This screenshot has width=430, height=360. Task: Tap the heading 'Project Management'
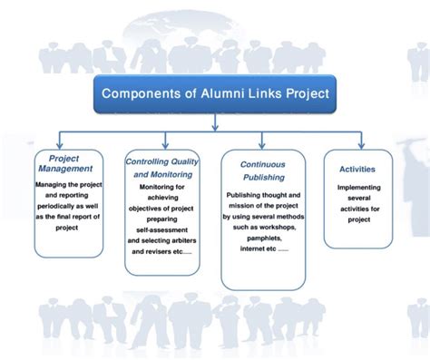(x=64, y=162)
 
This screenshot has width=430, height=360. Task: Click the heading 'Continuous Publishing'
(x=264, y=171)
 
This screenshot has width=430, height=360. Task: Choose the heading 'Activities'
(x=357, y=169)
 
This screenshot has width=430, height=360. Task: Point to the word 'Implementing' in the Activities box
(x=357, y=189)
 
